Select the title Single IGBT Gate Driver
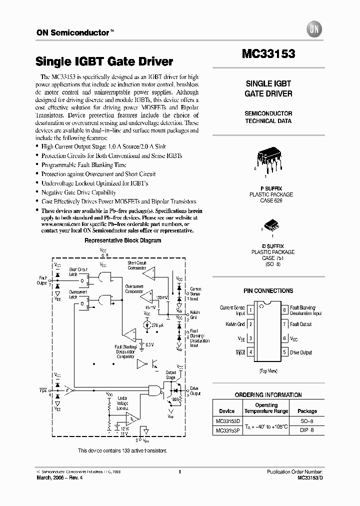[104, 62]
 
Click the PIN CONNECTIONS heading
[268, 290]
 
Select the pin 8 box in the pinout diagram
[284, 310]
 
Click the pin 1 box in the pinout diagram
[250, 310]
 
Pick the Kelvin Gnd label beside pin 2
[235, 324]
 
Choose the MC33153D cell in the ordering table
[227, 421]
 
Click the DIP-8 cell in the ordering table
[304, 430]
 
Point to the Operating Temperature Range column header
[266, 408]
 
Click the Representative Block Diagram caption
[122, 240]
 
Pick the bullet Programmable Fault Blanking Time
[83, 165]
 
